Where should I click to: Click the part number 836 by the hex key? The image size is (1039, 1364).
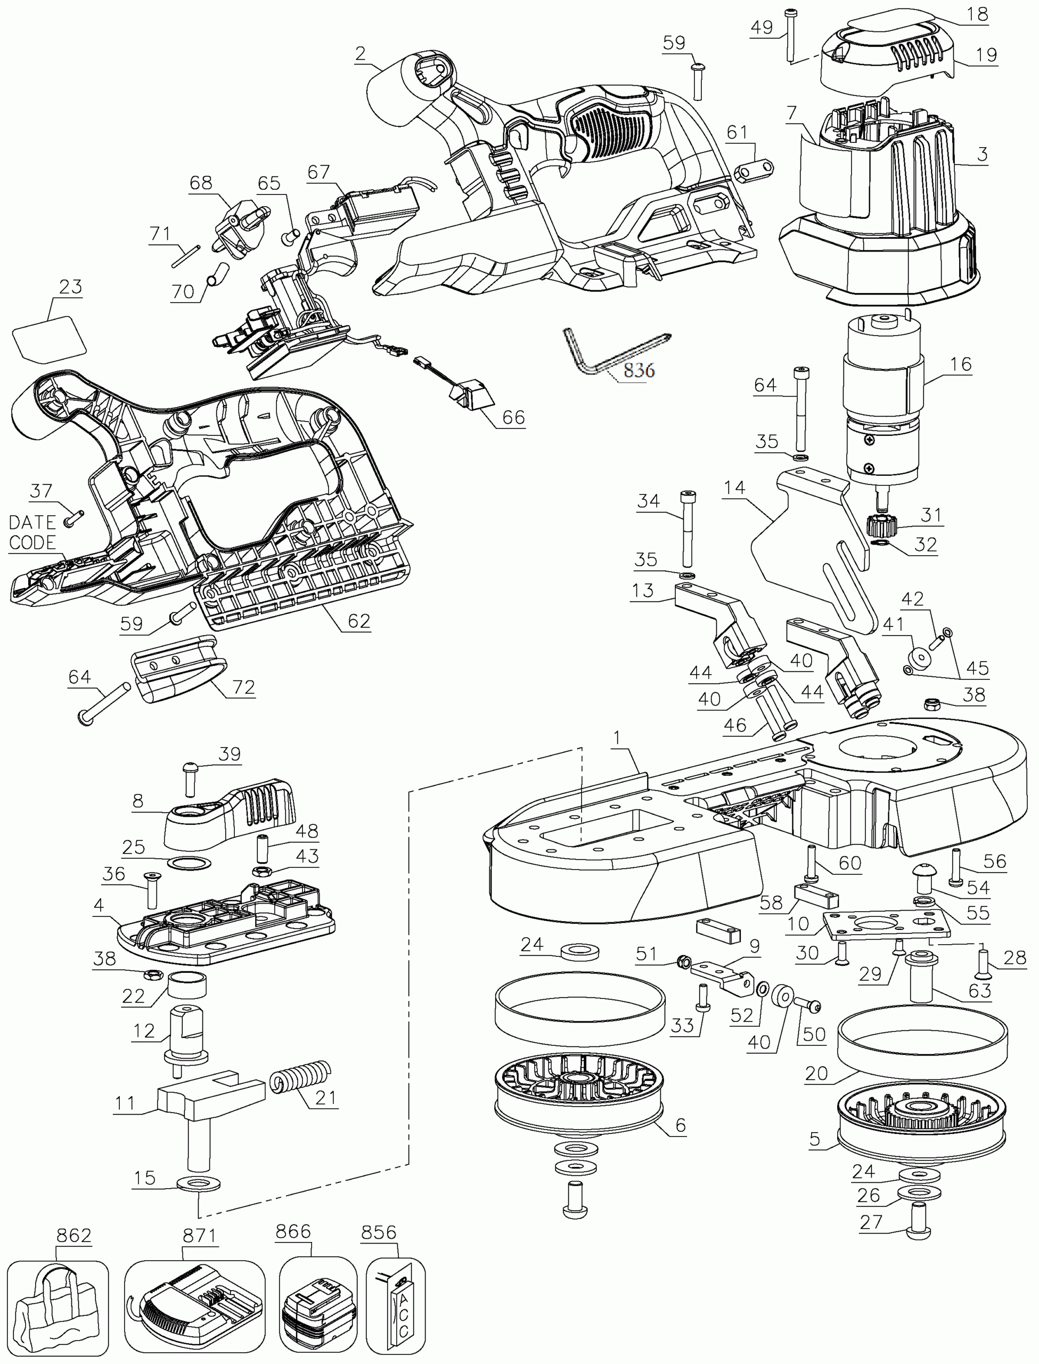639,370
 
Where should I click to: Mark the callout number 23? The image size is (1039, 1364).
70,287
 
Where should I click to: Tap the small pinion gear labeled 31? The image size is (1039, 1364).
878,527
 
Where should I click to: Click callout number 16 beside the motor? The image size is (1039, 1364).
961,364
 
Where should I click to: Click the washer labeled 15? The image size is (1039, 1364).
198,1184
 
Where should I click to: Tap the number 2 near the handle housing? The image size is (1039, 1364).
361,54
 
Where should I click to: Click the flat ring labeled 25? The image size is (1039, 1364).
189,863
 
